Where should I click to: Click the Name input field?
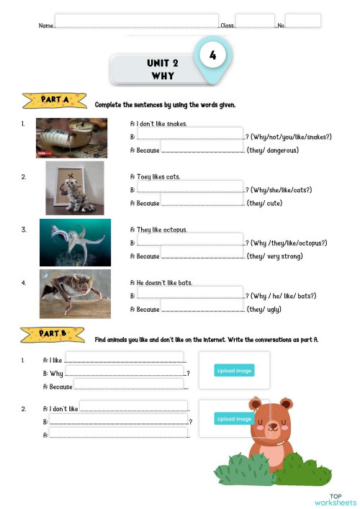coord(137,21)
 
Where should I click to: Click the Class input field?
coord(255,21)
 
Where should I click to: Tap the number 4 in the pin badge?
coord(212,55)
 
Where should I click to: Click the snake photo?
coord(71,138)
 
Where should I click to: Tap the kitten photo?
coord(74,188)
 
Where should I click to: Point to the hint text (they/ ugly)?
coord(264,310)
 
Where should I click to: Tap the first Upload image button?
coord(234,371)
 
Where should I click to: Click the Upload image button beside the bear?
coord(233,419)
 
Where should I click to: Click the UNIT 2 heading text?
coord(163,63)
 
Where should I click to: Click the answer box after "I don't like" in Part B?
coord(133,407)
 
